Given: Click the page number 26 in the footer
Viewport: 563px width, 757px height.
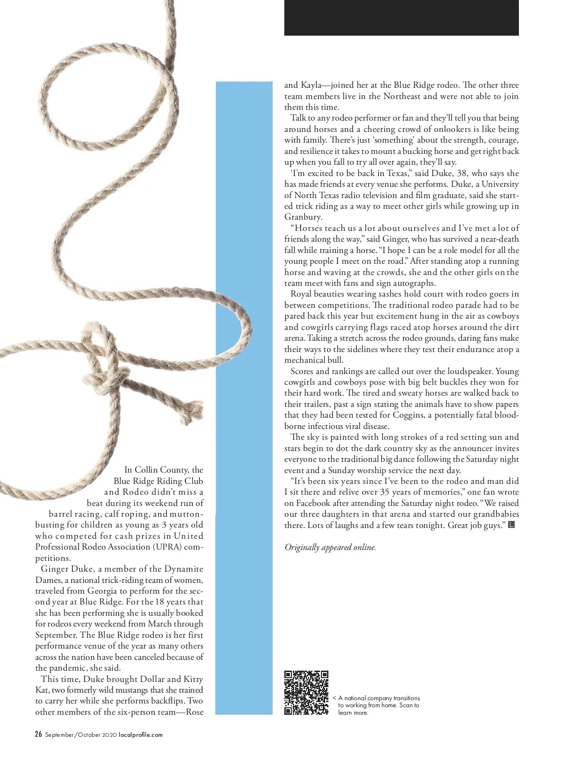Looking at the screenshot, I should click(x=38, y=734).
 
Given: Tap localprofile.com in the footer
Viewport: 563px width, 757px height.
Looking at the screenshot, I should click(x=140, y=735).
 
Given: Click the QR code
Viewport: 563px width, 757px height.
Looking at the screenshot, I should click(x=306, y=693).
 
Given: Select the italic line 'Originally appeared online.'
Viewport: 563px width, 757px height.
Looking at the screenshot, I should click(x=330, y=547).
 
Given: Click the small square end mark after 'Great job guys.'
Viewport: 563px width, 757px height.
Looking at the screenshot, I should click(x=511, y=525).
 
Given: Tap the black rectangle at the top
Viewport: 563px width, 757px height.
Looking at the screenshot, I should click(x=401, y=17).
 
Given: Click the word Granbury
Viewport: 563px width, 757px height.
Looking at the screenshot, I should click(x=303, y=217).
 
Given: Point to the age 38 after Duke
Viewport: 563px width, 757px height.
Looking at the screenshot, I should click(x=462, y=173).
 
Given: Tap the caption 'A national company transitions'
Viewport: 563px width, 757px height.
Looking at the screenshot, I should click(x=379, y=698).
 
